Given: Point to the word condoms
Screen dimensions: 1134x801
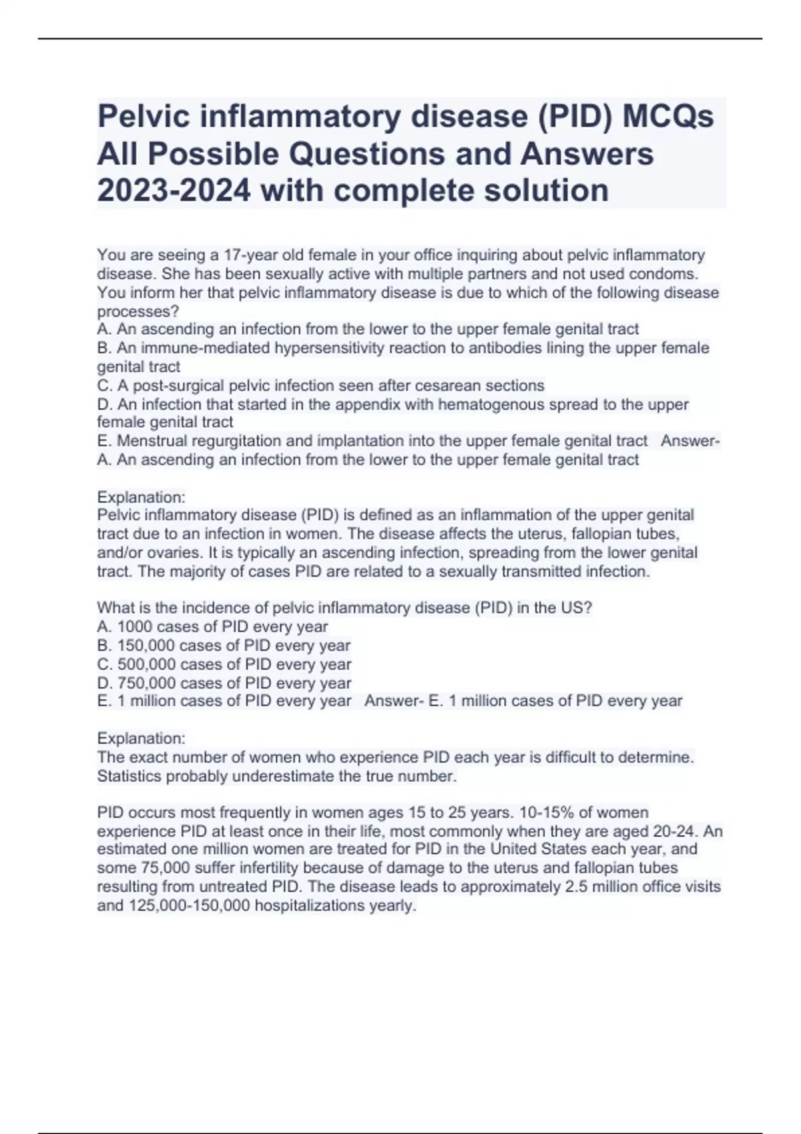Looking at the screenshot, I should pos(663,274).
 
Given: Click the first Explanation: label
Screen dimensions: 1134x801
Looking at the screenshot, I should pos(141,498).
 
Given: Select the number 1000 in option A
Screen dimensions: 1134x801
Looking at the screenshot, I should pos(135,627).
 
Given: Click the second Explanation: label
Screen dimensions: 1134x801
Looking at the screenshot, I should pos(141,738).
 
